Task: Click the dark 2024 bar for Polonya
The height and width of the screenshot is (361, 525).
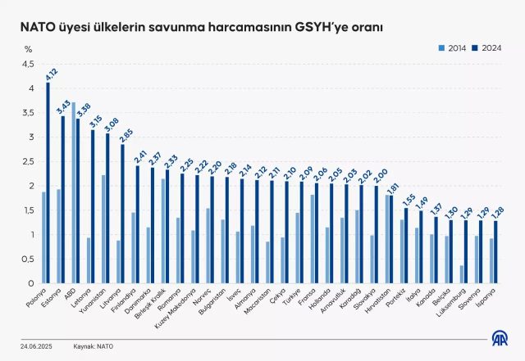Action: click(48, 183)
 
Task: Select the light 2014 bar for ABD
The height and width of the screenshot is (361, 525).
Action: click(73, 193)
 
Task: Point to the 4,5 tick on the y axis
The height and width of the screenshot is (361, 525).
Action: click(28, 64)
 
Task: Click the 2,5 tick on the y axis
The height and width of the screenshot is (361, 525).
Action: click(28, 161)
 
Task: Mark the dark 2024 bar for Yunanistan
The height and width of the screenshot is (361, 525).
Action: click(107, 209)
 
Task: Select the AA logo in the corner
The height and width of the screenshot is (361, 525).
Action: click(498, 337)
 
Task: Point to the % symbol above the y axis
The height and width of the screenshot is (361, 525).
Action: click(28, 50)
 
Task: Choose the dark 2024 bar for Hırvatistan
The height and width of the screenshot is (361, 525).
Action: click(391, 240)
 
